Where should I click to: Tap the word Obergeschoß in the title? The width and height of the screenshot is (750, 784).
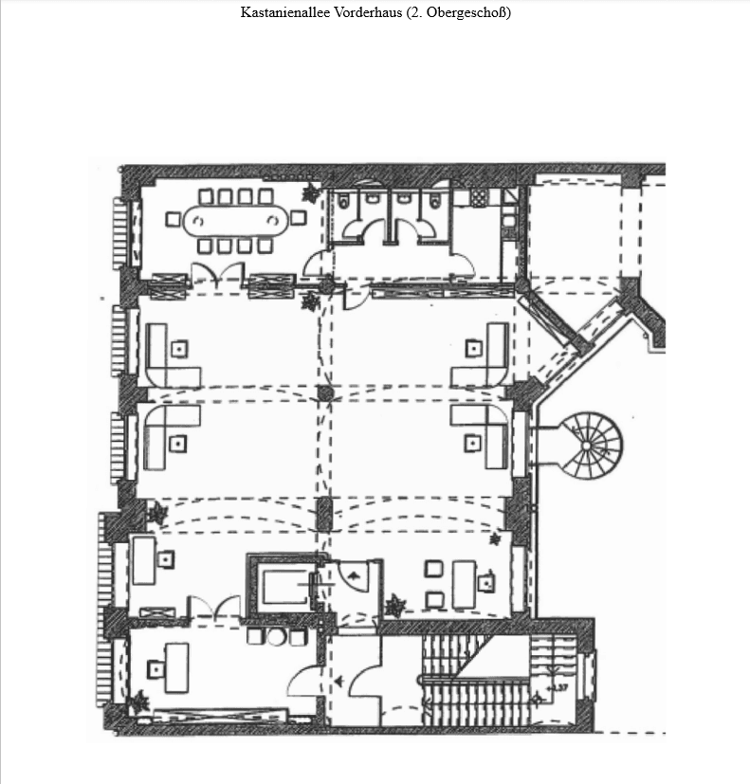coord(464,13)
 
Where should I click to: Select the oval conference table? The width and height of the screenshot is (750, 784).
coord(235,222)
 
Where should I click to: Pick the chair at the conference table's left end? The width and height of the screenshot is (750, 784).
coord(174,220)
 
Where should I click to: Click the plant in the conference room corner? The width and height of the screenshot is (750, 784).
coord(311,194)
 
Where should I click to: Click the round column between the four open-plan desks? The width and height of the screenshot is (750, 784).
coord(325,392)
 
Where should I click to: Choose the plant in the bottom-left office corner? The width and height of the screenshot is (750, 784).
coord(140,702)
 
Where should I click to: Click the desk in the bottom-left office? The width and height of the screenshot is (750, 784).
coord(176,665)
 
